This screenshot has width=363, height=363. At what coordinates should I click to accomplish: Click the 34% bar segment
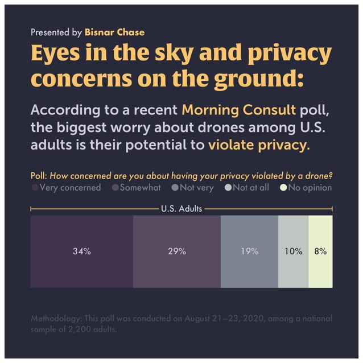(x=81, y=251)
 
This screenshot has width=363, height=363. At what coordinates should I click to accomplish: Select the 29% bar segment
(x=177, y=251)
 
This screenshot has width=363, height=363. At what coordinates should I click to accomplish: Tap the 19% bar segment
(x=249, y=251)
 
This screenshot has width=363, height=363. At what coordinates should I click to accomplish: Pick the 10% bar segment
(x=293, y=251)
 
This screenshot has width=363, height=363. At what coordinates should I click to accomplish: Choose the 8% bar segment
(x=320, y=251)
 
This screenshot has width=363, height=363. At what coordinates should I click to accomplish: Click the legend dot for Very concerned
(x=35, y=188)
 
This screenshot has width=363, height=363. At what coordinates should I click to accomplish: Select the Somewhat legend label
(x=140, y=187)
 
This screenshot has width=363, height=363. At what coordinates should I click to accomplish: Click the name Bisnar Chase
(x=114, y=32)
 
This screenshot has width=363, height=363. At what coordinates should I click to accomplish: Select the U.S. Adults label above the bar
(x=181, y=209)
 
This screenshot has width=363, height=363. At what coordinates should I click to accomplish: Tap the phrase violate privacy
(x=257, y=145)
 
